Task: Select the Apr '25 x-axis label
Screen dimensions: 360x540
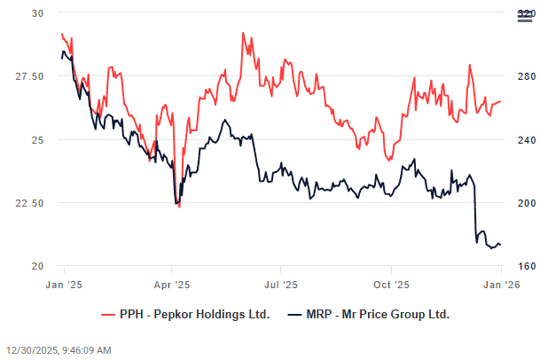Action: tap(172, 285)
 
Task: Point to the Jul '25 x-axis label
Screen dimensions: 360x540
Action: tap(281, 285)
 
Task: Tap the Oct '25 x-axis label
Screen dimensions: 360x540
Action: tap(391, 285)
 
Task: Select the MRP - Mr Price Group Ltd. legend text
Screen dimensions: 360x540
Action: tap(378, 314)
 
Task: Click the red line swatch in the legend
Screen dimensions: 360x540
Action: tap(109, 314)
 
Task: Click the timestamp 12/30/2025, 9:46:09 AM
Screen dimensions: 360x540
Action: tap(59, 350)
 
